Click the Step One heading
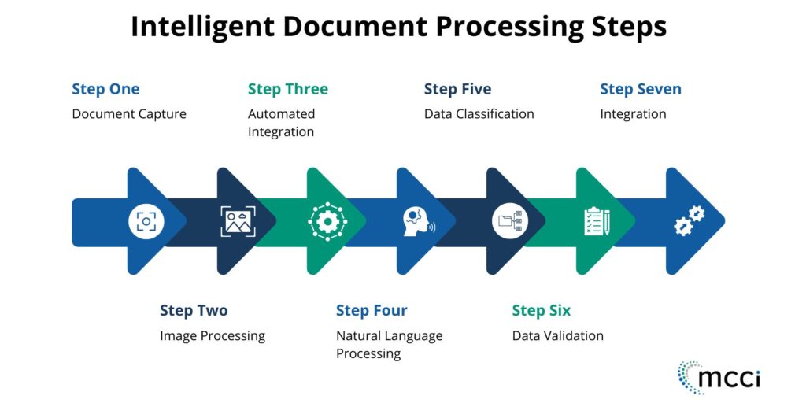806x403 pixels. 105,89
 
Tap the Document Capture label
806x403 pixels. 129,114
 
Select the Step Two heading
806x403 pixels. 194,311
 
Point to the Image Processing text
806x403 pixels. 213,336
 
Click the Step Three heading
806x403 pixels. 288,89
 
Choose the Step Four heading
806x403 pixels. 372,311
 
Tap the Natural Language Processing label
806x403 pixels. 389,345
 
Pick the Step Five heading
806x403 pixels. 457,89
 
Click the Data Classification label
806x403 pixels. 479,114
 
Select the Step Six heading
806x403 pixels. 542,311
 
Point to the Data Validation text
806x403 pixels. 557,336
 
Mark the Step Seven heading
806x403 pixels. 641,89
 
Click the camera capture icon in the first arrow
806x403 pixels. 146,222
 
